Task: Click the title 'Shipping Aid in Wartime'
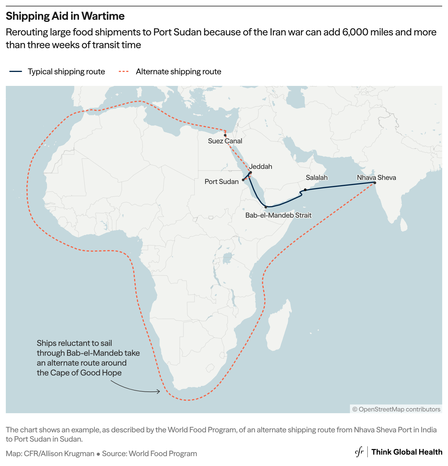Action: click(x=65, y=16)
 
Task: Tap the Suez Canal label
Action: click(x=225, y=141)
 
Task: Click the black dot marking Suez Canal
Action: click(x=225, y=135)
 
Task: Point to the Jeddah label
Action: click(x=261, y=167)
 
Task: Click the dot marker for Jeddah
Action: click(x=251, y=172)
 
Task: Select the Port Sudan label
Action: click(x=221, y=182)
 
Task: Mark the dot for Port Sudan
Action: click(x=243, y=180)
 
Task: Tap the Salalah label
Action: click(x=317, y=178)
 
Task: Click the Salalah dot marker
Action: click(x=305, y=190)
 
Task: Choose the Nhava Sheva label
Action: click(x=376, y=178)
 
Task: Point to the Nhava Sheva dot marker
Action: click(x=375, y=183)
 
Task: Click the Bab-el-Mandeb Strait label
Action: click(x=278, y=215)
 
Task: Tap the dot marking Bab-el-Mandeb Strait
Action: click(x=266, y=207)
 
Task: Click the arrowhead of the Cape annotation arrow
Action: click(x=159, y=392)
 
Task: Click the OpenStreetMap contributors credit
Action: click(x=396, y=409)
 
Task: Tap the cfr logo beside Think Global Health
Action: click(x=359, y=452)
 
